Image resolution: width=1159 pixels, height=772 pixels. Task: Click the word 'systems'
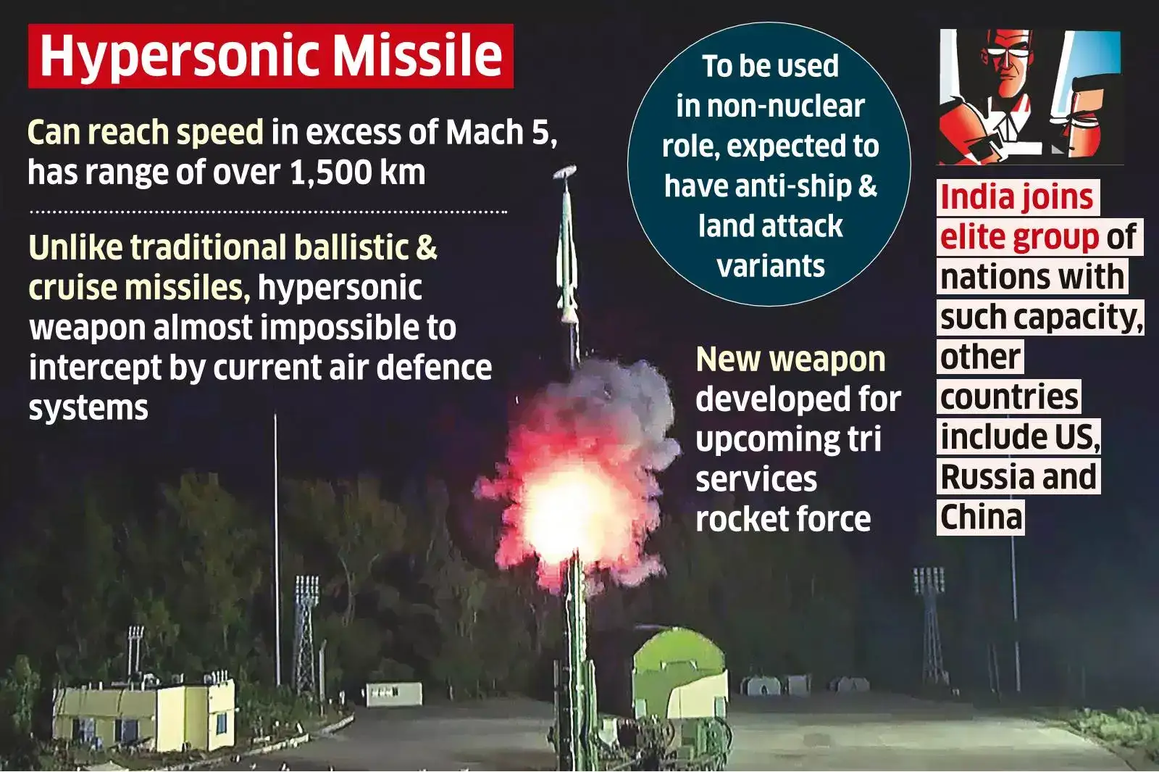(x=88, y=407)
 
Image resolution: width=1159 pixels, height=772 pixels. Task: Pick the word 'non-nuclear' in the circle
(x=770, y=107)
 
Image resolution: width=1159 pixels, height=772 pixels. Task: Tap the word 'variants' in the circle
(x=771, y=266)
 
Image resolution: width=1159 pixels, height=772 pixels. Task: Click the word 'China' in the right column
(x=981, y=517)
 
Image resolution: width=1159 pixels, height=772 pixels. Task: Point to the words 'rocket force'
(x=783, y=519)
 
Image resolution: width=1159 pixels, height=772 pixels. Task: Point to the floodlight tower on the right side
(x=929, y=616)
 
